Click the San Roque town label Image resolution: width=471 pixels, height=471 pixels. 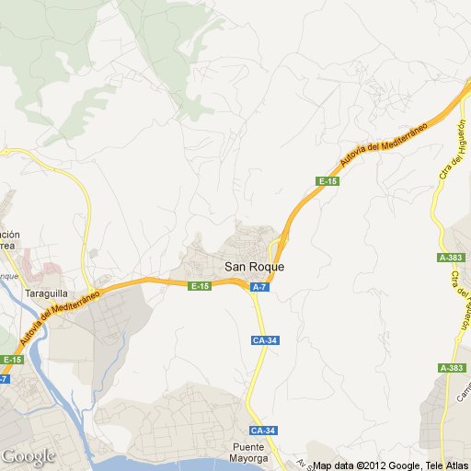pyautogui.click(x=255, y=267)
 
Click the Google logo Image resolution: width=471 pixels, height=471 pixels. pyautogui.click(x=29, y=456)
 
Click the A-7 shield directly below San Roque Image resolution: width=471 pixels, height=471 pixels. pyautogui.click(x=260, y=288)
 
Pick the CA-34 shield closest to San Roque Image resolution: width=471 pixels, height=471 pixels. pyautogui.click(x=264, y=340)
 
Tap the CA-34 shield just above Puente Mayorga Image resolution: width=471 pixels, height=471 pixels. pyautogui.click(x=263, y=431)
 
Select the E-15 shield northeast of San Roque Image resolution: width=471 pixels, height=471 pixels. pyautogui.click(x=327, y=181)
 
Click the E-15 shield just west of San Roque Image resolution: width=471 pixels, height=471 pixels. pyautogui.click(x=200, y=287)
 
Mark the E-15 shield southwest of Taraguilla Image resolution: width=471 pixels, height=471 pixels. pyautogui.click(x=11, y=360)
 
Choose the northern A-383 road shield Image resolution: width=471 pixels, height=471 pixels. pyautogui.click(x=452, y=258)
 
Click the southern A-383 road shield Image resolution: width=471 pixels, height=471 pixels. pyautogui.click(x=452, y=368)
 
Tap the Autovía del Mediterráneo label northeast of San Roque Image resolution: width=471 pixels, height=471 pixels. pyautogui.click(x=381, y=144)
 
